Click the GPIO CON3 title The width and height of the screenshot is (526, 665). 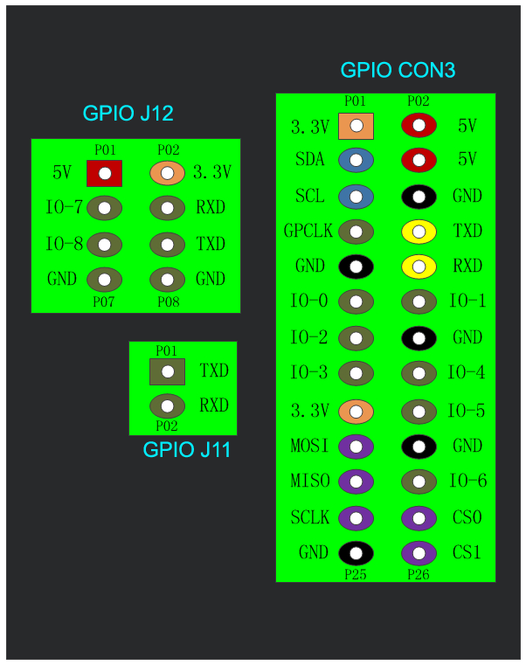(398, 71)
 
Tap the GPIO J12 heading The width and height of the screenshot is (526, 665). (128, 113)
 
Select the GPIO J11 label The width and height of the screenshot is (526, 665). (186, 451)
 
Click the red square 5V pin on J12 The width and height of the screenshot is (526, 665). (105, 173)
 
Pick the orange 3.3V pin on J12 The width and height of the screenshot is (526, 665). (167, 173)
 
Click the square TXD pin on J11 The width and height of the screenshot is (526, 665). (167, 371)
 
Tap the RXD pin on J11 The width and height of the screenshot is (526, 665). (167, 406)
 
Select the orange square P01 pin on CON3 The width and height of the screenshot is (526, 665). (356, 126)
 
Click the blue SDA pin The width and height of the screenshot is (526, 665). (356, 160)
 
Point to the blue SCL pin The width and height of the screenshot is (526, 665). (356, 196)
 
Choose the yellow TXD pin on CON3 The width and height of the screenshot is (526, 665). (419, 232)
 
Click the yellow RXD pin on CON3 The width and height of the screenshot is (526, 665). (419, 266)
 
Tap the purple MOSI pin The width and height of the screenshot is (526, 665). (356, 447)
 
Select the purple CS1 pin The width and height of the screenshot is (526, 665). (419, 553)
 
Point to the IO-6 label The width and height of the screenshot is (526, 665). (467, 481)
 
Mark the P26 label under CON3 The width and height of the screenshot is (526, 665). (419, 574)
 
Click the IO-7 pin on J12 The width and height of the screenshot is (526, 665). (105, 208)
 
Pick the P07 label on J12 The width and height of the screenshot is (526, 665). (105, 301)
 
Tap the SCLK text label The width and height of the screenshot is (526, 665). (310, 517)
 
